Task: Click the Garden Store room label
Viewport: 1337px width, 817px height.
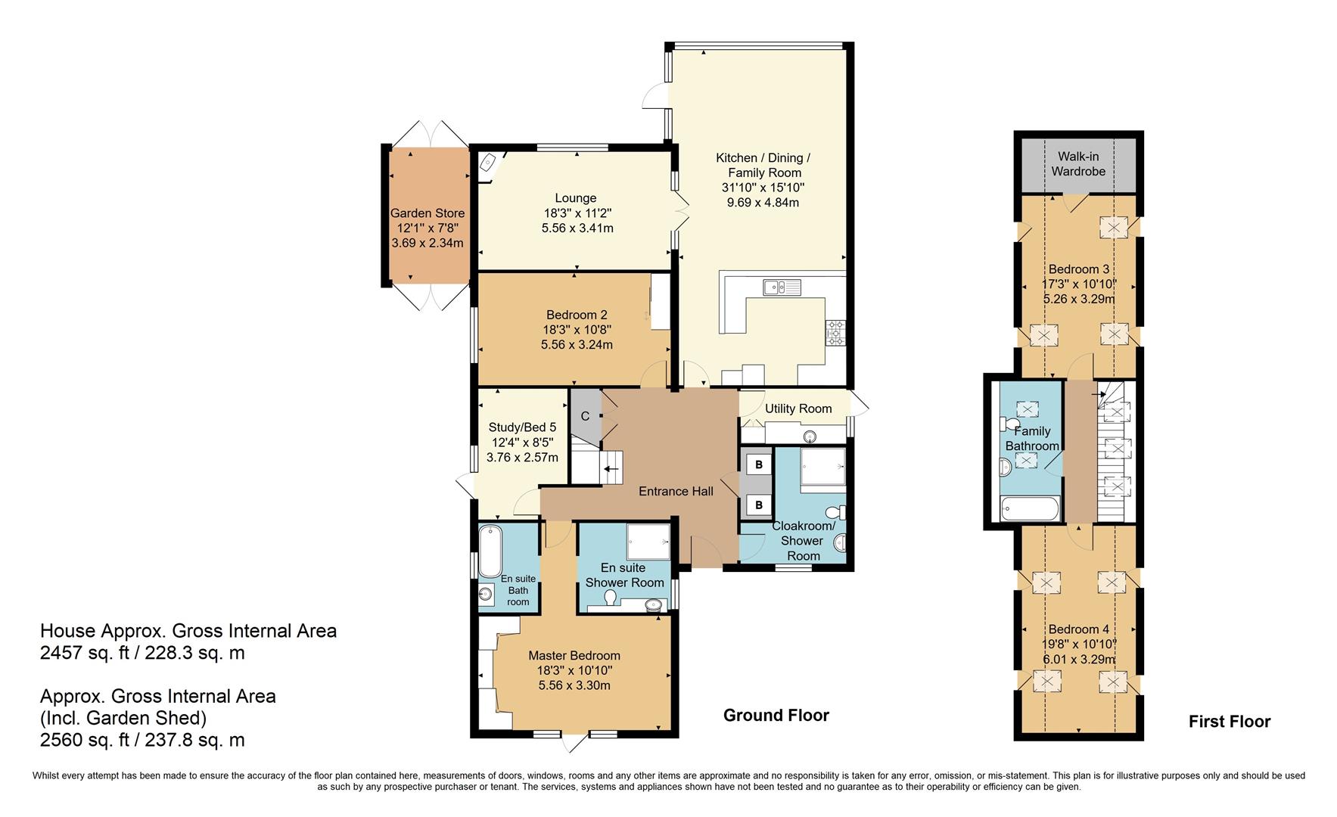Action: pos(428,213)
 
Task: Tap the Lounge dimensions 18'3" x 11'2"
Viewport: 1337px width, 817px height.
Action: pos(577,213)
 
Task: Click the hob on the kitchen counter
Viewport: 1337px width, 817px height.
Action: pos(835,333)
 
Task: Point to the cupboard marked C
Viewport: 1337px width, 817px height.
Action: pos(585,416)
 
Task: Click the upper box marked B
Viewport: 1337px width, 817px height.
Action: pos(758,464)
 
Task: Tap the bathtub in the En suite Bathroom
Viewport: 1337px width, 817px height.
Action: pos(490,551)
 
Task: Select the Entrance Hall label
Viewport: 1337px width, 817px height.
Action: pos(676,491)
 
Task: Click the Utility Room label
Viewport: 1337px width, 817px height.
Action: pos(798,408)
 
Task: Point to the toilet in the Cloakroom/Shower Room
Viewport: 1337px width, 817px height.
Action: pos(838,512)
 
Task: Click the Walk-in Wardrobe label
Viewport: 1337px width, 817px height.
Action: pos(1078,164)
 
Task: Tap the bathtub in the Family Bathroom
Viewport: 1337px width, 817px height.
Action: pos(1029,508)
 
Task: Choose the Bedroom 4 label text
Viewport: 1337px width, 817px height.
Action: pos(1078,629)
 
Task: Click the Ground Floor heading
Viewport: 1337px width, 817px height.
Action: pos(776,716)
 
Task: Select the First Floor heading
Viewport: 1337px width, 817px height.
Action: pos(1229,722)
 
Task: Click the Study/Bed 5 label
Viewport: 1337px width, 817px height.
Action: pos(522,427)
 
